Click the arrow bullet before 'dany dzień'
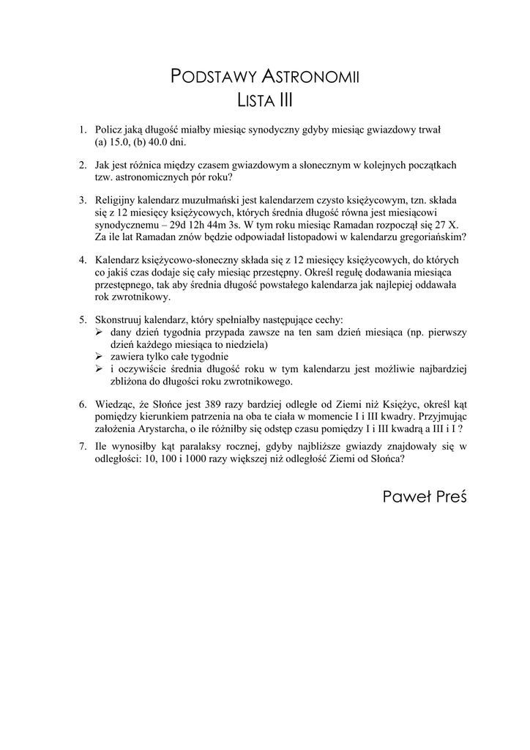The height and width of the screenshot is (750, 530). click(x=100, y=333)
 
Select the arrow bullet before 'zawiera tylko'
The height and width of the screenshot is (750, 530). click(x=100, y=357)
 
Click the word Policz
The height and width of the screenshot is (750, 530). click(x=110, y=130)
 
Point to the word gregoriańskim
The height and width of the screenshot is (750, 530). click(x=430, y=237)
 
